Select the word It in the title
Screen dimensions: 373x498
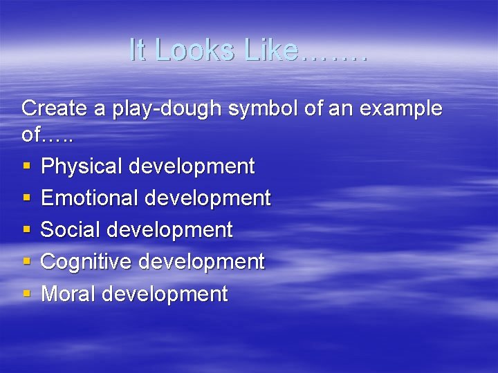pyautogui.click(x=138, y=50)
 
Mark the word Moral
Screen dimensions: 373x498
pyautogui.click(x=68, y=294)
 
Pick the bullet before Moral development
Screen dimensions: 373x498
pyautogui.click(x=26, y=294)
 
